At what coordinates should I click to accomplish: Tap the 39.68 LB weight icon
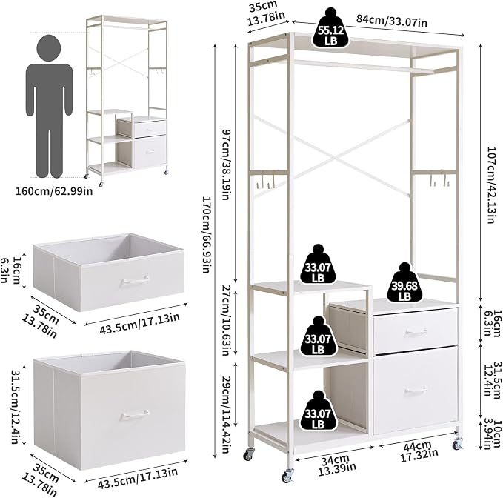point(404,282)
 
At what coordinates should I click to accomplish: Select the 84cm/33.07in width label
point(392,21)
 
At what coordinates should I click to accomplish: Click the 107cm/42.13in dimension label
point(494,185)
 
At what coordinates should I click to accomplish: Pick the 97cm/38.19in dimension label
point(227,165)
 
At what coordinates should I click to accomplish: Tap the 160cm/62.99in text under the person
point(54,191)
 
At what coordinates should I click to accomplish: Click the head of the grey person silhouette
point(48,48)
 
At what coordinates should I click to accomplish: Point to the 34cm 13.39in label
point(337,463)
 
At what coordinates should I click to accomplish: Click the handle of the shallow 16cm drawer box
point(135,281)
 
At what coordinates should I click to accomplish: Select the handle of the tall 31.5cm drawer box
point(135,415)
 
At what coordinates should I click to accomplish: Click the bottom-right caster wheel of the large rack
point(457,443)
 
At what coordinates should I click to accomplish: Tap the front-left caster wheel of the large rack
point(287,475)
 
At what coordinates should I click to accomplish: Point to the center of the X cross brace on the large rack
point(333,158)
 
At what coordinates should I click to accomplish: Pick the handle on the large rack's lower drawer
point(416,391)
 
